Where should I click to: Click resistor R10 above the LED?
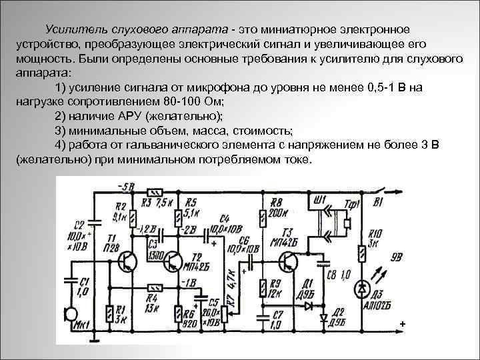(362, 253)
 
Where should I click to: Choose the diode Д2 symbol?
(325, 318)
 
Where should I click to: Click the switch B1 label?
(378, 201)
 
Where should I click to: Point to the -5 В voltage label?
(125, 186)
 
